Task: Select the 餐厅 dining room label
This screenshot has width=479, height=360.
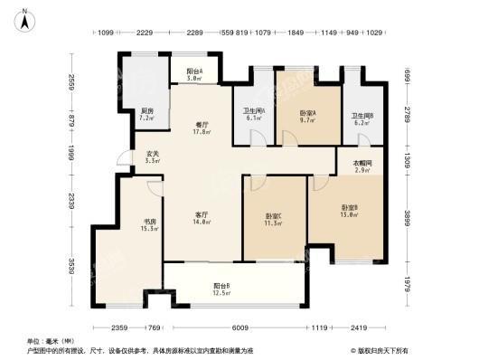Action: [x=202, y=128]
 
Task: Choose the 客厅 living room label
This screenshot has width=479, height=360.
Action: [x=203, y=217]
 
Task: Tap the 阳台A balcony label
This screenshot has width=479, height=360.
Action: [x=194, y=75]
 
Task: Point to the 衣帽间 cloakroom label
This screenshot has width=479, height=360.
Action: [x=362, y=166]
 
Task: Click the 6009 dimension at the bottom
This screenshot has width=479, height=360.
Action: [x=238, y=328]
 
